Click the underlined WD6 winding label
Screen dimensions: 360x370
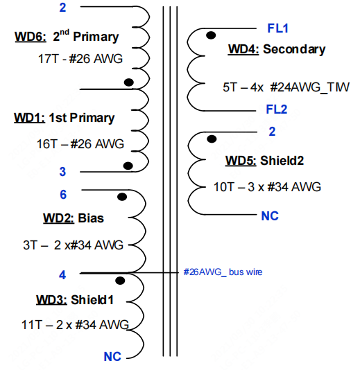click(31, 37)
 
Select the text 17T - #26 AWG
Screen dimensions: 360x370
click(80, 59)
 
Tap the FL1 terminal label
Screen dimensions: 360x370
click(277, 28)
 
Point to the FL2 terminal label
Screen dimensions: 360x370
click(277, 109)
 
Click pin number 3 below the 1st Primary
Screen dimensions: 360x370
click(62, 172)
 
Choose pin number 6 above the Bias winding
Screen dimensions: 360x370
click(63, 195)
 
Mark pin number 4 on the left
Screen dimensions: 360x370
click(62, 275)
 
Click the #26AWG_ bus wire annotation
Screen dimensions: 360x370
click(223, 272)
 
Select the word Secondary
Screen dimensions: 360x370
click(294, 49)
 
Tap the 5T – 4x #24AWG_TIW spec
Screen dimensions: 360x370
click(286, 87)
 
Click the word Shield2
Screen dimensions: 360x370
click(282, 161)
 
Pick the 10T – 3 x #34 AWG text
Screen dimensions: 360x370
click(267, 187)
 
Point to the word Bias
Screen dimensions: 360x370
click(91, 218)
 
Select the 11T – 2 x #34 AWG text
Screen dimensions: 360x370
click(75, 325)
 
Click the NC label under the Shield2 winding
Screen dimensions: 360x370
click(270, 216)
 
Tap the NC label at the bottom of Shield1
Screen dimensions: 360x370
click(112, 357)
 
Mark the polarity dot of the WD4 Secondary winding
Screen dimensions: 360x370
click(211, 35)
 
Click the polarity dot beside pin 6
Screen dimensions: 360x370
click(122, 197)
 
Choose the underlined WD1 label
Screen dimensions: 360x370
click(30, 118)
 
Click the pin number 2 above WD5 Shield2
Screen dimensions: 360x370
click(272, 132)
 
